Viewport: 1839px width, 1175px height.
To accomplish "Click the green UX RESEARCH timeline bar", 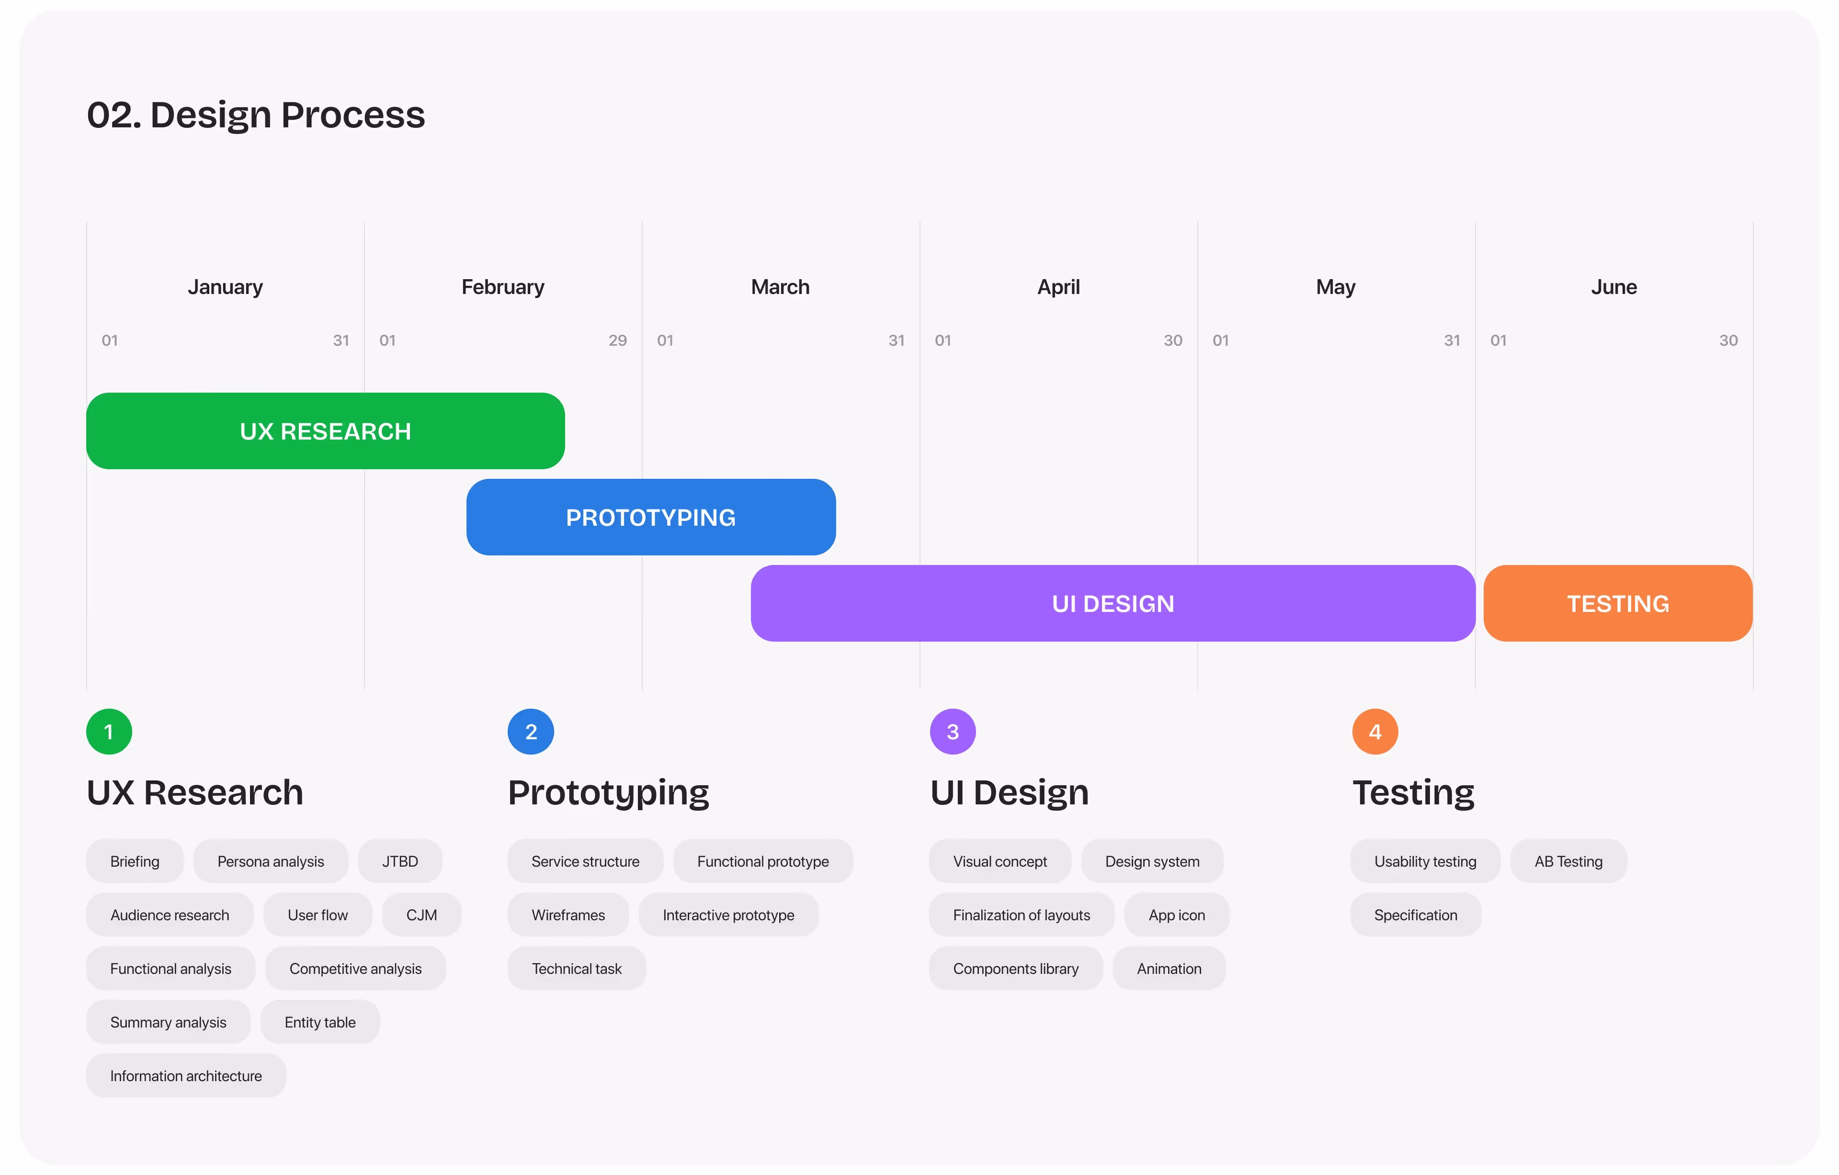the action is tap(325, 430).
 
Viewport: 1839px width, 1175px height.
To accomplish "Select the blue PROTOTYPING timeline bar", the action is tap(651, 517).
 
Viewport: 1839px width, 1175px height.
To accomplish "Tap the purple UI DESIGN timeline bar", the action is tap(1112, 603).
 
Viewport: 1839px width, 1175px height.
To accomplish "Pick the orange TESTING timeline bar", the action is tap(1618, 603).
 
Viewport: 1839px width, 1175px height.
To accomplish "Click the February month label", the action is tap(502, 287).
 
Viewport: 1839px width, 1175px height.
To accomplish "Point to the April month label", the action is tap(1058, 287).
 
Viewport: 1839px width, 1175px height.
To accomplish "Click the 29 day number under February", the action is tap(618, 340).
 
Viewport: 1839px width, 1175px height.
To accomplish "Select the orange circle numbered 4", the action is tap(1374, 732).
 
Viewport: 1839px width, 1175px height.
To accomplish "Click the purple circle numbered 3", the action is tap(953, 732).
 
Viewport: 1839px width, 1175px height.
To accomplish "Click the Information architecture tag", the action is tap(186, 1076).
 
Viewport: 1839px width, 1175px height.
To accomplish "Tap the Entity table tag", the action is tap(320, 1022).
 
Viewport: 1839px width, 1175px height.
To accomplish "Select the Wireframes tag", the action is tap(568, 915).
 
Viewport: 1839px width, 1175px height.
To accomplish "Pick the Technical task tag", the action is tap(577, 968).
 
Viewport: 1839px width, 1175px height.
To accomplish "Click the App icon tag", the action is tap(1177, 915).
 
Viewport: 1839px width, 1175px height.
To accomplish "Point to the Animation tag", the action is tap(1169, 968).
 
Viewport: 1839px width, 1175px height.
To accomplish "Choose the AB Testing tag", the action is tap(1568, 861).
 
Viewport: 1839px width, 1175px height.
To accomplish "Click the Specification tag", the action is tap(1416, 915).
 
